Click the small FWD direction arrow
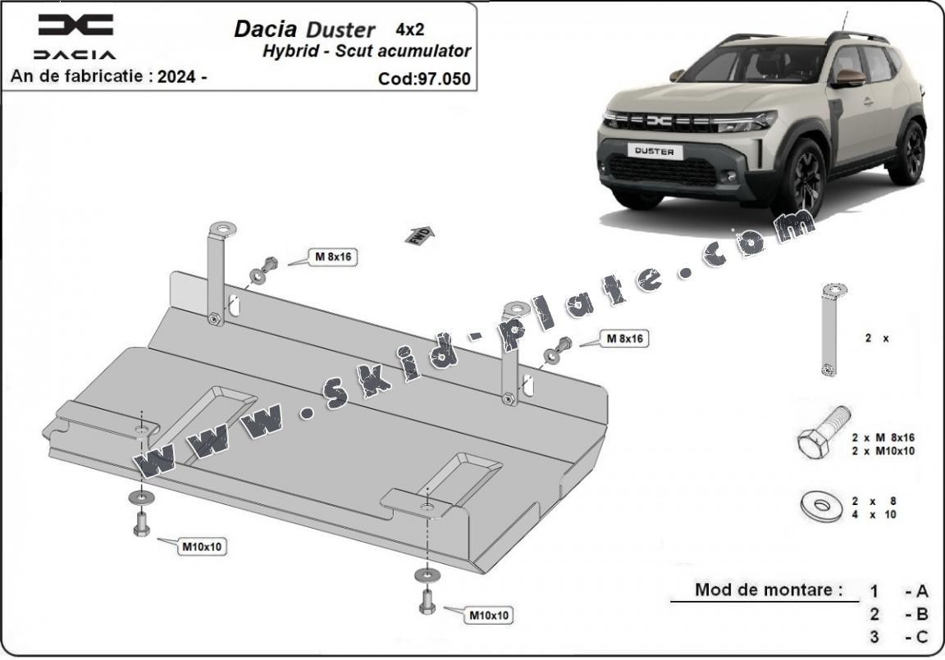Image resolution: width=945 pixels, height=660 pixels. tap(419, 234)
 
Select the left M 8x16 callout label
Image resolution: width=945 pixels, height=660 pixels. tap(334, 257)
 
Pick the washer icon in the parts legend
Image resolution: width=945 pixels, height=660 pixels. tap(821, 505)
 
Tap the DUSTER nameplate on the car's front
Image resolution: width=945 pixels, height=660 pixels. tap(655, 152)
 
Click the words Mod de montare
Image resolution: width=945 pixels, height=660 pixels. tap(768, 589)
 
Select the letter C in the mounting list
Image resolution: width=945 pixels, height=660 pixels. tap(922, 636)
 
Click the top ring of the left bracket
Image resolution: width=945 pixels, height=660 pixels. tap(221, 229)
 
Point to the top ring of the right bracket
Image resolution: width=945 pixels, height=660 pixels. tap(517, 309)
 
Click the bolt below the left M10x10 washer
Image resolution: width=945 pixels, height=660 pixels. tap(141, 525)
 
